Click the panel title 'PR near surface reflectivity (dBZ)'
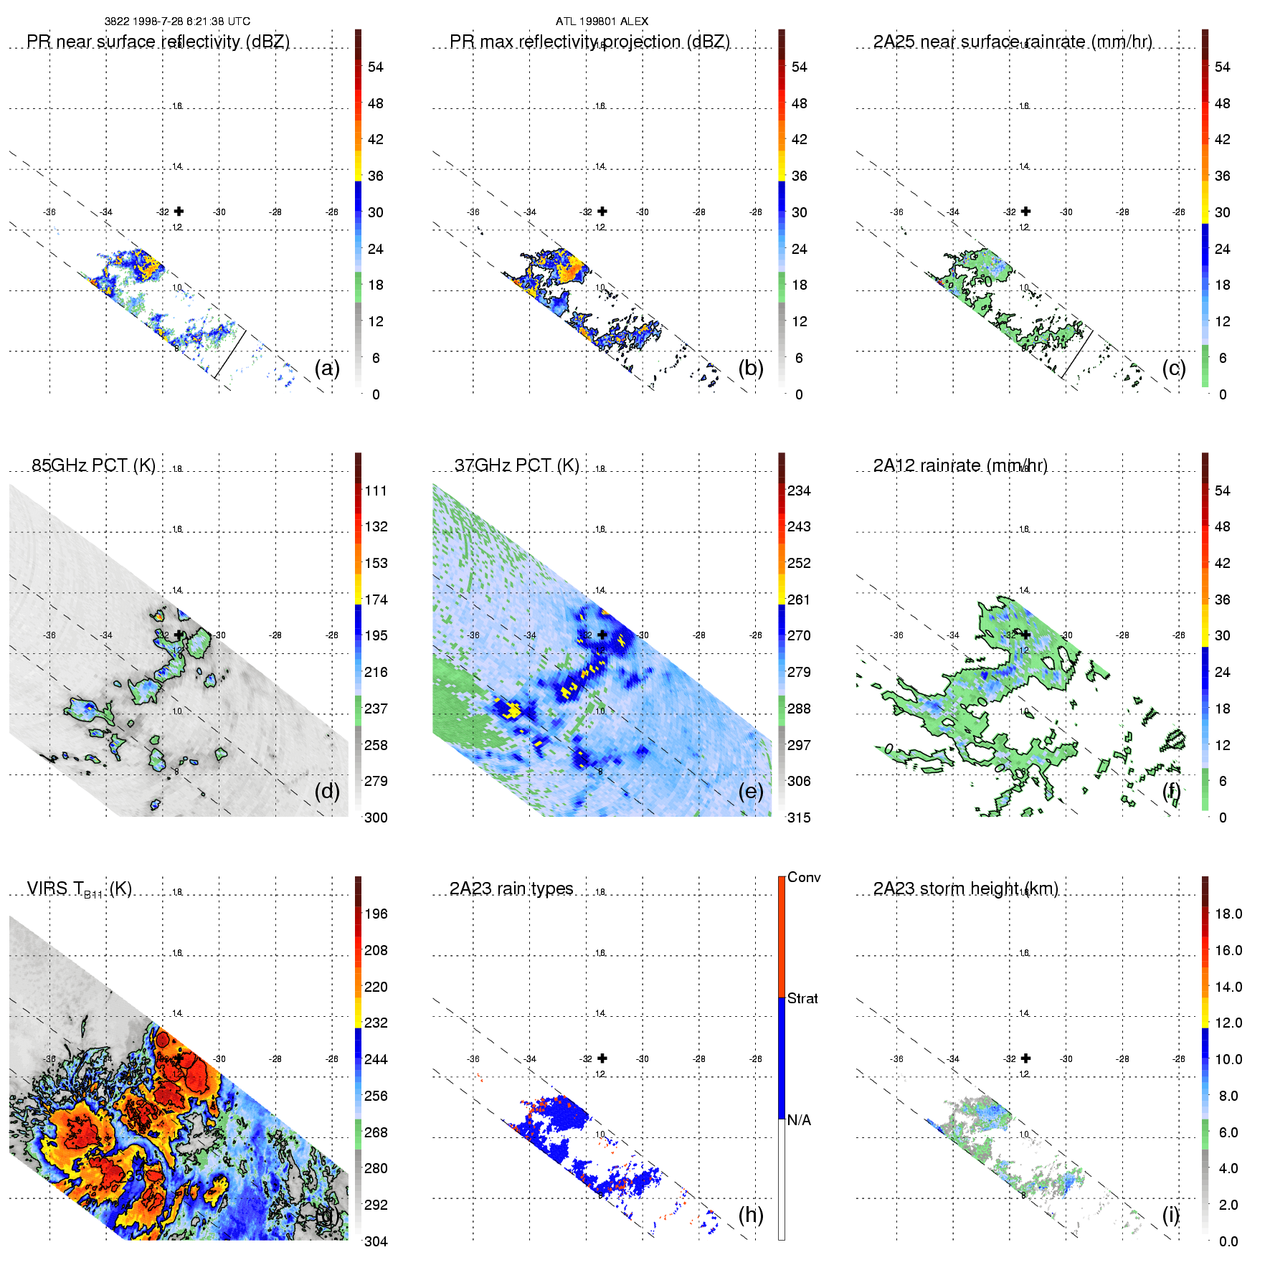click(158, 42)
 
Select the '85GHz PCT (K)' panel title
click(93, 465)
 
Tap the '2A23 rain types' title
click(511, 888)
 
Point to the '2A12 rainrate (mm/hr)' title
click(960, 465)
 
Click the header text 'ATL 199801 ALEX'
click(602, 22)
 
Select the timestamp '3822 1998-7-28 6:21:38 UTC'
click(177, 22)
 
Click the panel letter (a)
click(327, 369)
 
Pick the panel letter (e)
click(751, 792)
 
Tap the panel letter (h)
click(751, 1215)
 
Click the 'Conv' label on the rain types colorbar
click(804, 877)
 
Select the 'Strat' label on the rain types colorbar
click(802, 998)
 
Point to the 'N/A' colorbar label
click(799, 1120)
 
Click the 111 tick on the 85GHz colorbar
click(376, 491)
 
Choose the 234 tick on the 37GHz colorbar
click(799, 491)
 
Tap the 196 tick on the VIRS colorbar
click(376, 914)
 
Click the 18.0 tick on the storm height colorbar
click(1228, 914)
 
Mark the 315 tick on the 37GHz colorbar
click(799, 818)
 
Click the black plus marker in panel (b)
click(602, 211)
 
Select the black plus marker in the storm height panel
click(1026, 1058)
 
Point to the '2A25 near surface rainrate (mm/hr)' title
click(1013, 42)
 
